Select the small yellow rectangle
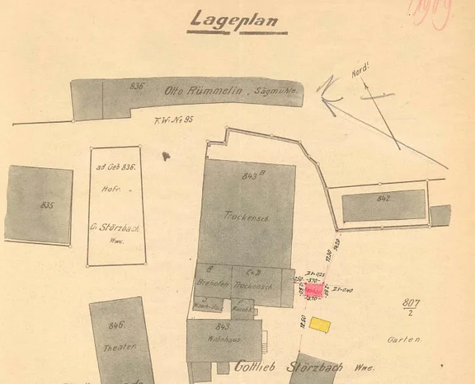pyautogui.click(x=320, y=325)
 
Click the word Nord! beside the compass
pyautogui.click(x=360, y=73)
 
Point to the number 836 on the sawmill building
pyautogui.click(x=137, y=86)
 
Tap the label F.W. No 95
pyautogui.click(x=173, y=121)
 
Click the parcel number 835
pyautogui.click(x=47, y=205)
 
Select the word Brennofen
pyautogui.click(x=212, y=283)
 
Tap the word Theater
pyautogui.click(x=118, y=347)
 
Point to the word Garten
pyautogui.click(x=405, y=339)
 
